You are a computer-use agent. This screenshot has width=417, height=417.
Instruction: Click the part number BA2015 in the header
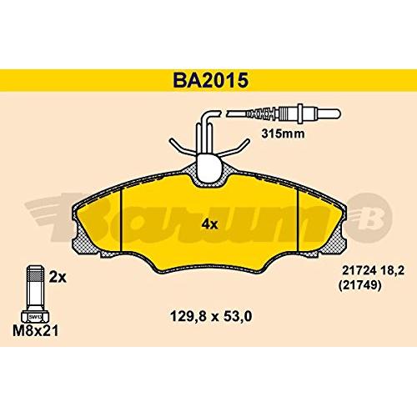[208, 80]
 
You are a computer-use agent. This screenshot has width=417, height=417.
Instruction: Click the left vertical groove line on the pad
[123, 219]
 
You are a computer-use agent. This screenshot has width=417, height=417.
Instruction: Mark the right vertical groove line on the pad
[298, 219]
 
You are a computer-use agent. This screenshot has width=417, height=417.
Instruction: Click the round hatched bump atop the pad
[208, 171]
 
